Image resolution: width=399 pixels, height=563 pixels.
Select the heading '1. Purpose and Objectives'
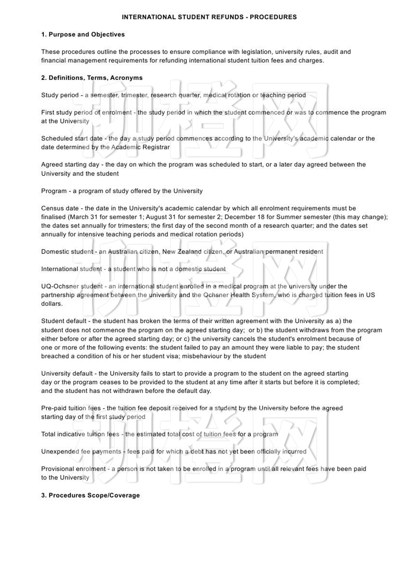[x=83, y=34]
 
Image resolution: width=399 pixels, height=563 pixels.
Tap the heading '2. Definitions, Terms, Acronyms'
[x=92, y=78]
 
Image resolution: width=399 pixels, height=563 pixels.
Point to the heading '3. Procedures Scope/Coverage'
[x=90, y=495]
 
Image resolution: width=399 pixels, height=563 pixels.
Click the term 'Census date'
[x=60, y=208]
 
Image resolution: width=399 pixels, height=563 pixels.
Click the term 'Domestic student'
[x=67, y=252]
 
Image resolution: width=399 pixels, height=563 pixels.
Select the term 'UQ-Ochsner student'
[x=72, y=286]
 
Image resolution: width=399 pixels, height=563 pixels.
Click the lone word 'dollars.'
[x=52, y=304]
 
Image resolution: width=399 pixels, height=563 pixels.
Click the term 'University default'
[x=67, y=373]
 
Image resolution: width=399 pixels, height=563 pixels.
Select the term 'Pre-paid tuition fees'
[x=71, y=408]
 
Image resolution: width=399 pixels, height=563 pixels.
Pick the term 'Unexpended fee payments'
[x=81, y=451]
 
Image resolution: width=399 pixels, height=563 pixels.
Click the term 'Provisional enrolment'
[x=73, y=469]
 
